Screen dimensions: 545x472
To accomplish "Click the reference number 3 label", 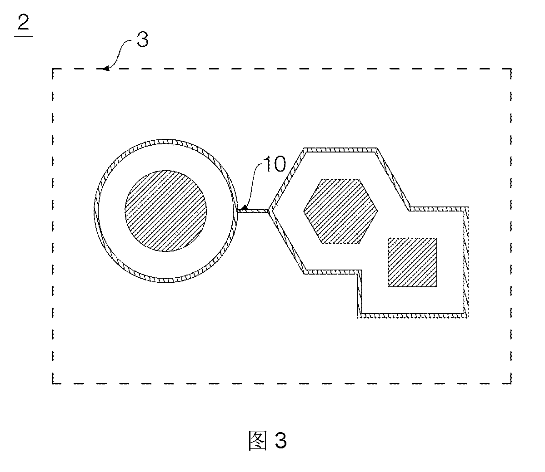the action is click(143, 39).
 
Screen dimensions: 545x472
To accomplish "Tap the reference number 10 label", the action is click(274, 164).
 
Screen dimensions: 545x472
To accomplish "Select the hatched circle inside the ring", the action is click(166, 211).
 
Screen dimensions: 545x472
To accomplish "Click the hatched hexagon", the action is click(340, 211).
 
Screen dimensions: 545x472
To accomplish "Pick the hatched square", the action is click(413, 262).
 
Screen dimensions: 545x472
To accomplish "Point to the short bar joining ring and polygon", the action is click(253, 211).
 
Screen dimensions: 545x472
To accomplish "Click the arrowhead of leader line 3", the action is click(105, 69).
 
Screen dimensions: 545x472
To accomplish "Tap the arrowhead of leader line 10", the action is click(243, 209).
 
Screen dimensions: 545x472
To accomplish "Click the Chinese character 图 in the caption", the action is click(258, 440).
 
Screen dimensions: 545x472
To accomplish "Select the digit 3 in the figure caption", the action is click(280, 440).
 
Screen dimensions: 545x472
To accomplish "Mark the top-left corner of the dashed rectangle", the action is click(53, 69).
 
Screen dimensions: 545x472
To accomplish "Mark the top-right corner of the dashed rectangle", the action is click(511, 69).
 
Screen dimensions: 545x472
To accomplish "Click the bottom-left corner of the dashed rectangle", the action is click(53, 383).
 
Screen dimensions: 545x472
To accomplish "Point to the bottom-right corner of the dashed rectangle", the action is click(511, 383).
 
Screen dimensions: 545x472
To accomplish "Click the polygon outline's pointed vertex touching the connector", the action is click(270, 211).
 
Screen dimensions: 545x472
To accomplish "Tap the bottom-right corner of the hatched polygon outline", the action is click(468, 318).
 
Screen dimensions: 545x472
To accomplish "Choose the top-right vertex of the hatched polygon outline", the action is click(377, 148).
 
